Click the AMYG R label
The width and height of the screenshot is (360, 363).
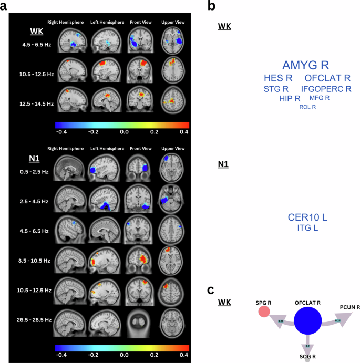tap(305, 65)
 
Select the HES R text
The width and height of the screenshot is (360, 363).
tap(277, 78)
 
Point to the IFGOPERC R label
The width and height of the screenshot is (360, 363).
tap(326, 89)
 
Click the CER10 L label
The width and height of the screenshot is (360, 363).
tap(312, 217)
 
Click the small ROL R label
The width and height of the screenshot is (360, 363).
tap(307, 107)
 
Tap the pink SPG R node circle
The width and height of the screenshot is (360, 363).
tap(264, 312)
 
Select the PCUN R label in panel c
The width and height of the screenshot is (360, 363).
tap(350, 307)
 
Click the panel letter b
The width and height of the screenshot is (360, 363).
tap(211, 6)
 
